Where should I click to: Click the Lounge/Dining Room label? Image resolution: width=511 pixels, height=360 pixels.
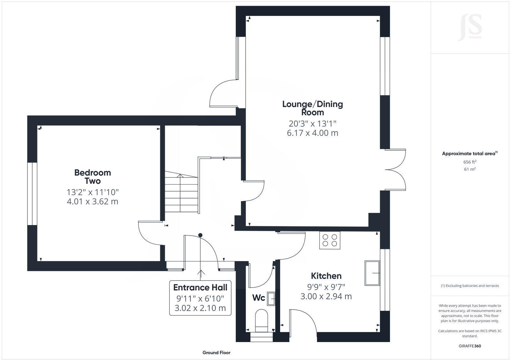312,108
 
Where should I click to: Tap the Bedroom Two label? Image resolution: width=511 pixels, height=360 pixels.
93,176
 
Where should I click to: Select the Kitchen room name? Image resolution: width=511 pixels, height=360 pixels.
326,276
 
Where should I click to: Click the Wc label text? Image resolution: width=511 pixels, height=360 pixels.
258,298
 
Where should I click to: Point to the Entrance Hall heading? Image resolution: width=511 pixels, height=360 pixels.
200,287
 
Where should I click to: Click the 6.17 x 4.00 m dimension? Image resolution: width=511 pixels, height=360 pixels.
312,133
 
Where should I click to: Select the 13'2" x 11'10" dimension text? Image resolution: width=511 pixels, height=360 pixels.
93,192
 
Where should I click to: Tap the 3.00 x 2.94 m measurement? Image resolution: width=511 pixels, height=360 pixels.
326,296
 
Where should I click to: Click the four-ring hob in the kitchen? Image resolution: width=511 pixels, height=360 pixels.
330,240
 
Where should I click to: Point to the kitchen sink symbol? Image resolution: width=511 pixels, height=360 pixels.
372,273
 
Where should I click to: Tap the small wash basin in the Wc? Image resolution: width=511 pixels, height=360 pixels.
271,299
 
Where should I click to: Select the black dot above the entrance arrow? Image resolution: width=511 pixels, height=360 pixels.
200,235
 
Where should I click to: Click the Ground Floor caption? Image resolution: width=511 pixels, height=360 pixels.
216,353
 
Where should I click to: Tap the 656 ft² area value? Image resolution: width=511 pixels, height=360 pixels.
469,162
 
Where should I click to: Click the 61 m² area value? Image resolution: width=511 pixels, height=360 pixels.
469,169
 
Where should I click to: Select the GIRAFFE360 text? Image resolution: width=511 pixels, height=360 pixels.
469,346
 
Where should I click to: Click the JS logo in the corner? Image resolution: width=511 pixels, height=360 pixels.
469,27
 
